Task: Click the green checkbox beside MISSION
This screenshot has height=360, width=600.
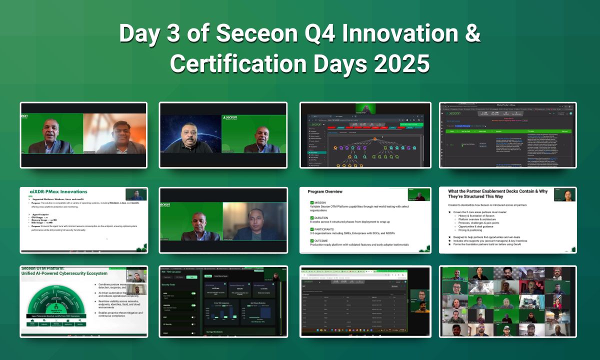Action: (x=312, y=203)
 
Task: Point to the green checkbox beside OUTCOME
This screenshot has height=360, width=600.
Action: (x=312, y=240)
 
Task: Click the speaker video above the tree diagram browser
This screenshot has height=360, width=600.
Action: (x=365, y=108)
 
